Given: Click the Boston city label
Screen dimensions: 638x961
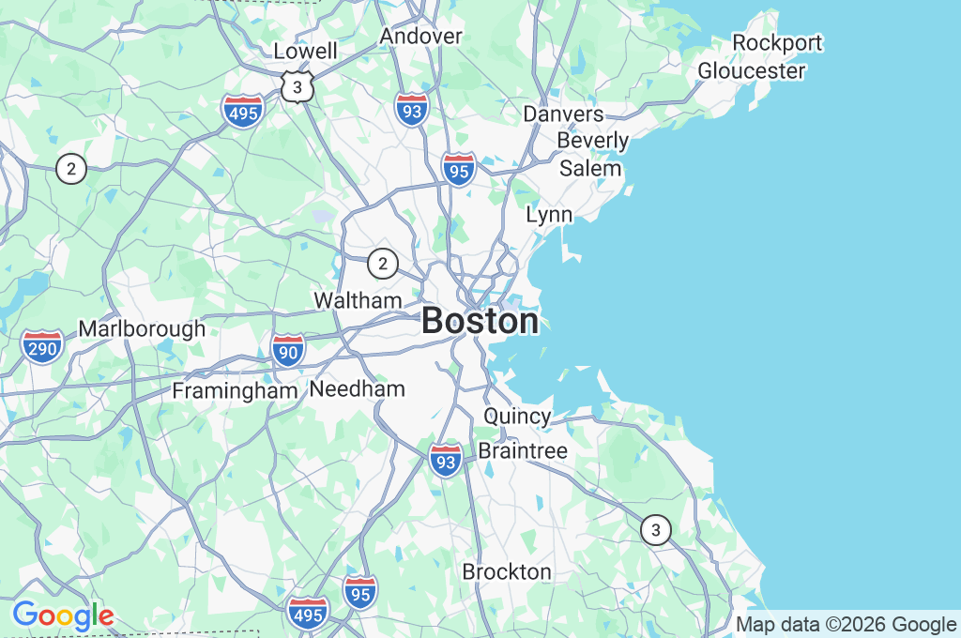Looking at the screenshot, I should pyautogui.click(x=480, y=321).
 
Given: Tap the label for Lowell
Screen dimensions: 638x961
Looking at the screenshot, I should pyautogui.click(x=305, y=51).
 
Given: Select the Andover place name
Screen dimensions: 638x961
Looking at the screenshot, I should pyautogui.click(x=420, y=36).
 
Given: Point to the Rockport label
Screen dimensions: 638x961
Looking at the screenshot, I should pyautogui.click(x=777, y=42).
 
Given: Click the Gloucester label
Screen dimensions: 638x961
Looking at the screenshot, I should pyautogui.click(x=751, y=70).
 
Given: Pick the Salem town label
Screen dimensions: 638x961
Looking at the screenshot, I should pyautogui.click(x=590, y=168).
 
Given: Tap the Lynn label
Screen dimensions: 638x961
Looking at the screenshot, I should pyautogui.click(x=549, y=214).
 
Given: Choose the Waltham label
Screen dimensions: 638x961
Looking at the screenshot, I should pyautogui.click(x=358, y=300).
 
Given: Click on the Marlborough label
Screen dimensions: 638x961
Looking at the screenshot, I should pyautogui.click(x=142, y=329).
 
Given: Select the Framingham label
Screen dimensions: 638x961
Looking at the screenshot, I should pyautogui.click(x=235, y=390).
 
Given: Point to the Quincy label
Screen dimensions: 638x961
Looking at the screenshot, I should pyautogui.click(x=517, y=416).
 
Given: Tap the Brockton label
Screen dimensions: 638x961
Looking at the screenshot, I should pyautogui.click(x=507, y=571).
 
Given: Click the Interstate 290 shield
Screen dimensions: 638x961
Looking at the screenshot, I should pyautogui.click(x=42, y=346).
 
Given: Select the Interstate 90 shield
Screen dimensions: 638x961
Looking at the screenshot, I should pyautogui.click(x=288, y=350).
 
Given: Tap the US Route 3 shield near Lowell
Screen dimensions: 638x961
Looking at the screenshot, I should pyautogui.click(x=297, y=87).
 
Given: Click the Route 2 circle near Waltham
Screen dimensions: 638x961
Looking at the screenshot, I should pyautogui.click(x=382, y=264).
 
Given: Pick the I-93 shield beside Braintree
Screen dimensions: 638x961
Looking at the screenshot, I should pyautogui.click(x=447, y=459).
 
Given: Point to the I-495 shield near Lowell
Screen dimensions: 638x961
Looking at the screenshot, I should pyautogui.click(x=243, y=110).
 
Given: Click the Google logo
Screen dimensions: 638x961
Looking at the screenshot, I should pyautogui.click(x=63, y=616).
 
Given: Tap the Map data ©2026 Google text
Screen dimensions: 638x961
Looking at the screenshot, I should pyautogui.click(x=846, y=625).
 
